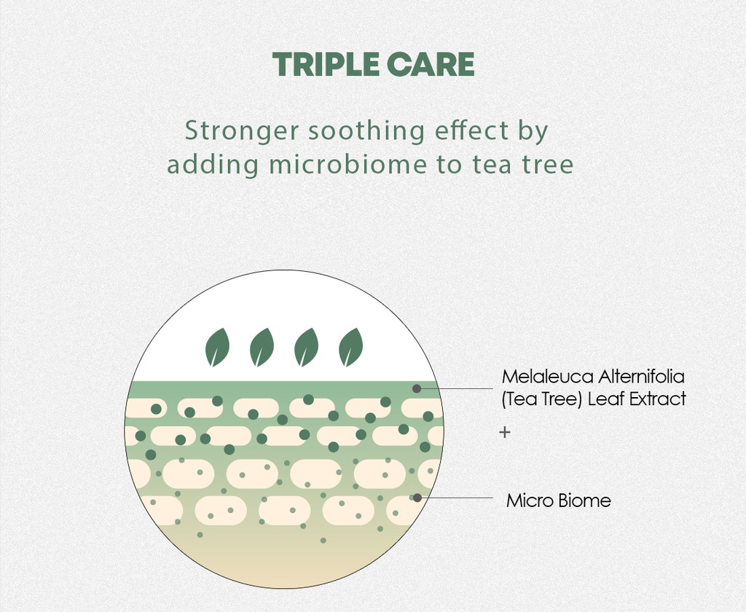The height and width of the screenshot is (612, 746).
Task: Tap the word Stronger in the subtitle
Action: [241, 132]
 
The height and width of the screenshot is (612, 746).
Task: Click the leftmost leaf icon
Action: [217, 347]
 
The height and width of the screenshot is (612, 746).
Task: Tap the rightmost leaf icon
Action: [351, 347]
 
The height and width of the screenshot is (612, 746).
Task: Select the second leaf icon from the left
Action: [262, 347]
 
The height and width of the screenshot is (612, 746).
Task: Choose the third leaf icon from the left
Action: [307, 347]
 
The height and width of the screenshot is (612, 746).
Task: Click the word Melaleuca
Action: [546, 377]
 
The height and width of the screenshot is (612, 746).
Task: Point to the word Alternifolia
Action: [642, 377]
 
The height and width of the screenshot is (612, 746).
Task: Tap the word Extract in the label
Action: [657, 399]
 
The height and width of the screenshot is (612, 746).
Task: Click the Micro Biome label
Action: [558, 501]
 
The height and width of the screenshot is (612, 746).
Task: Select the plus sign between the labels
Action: [504, 432]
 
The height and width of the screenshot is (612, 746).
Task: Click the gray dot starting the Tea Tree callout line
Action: [417, 388]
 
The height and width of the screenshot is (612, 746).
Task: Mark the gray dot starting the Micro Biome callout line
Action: [417, 498]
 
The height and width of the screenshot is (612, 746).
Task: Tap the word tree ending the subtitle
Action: [546, 165]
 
